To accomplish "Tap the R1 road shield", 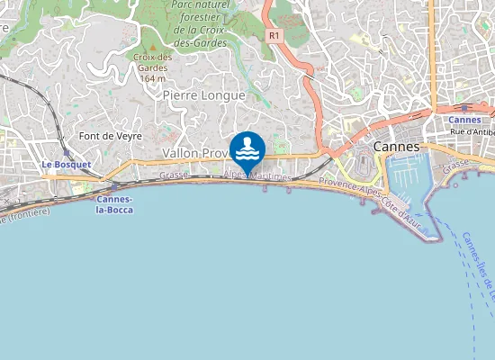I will coord(274,35).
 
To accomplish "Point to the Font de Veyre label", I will coord(104,136).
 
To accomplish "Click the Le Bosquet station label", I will coord(67,165).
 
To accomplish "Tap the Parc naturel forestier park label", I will coord(200,16).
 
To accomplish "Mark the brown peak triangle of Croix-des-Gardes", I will coord(153,46).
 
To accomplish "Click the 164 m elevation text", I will coord(152,78).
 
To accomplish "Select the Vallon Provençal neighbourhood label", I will coord(193,154).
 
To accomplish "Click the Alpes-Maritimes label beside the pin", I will coord(258,177).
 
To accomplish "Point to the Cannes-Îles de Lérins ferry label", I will coord(479,265).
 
